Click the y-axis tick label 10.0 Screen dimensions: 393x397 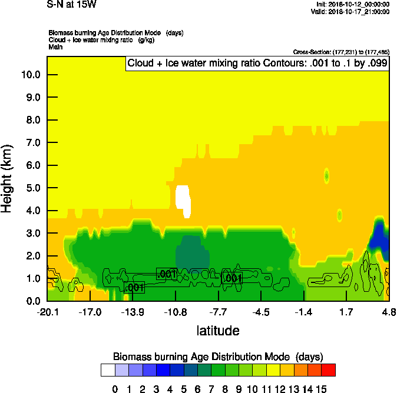31,75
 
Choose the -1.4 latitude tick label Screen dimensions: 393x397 303,311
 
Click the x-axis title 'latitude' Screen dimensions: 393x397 218,331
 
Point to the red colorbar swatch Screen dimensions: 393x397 329,370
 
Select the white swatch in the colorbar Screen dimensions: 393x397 108,370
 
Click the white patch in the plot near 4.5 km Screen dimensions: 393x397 183,198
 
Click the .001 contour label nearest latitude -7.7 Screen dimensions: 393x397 232,278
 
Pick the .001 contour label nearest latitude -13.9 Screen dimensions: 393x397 134,288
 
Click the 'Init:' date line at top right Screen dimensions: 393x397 352,4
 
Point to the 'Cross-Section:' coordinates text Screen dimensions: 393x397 340,52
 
